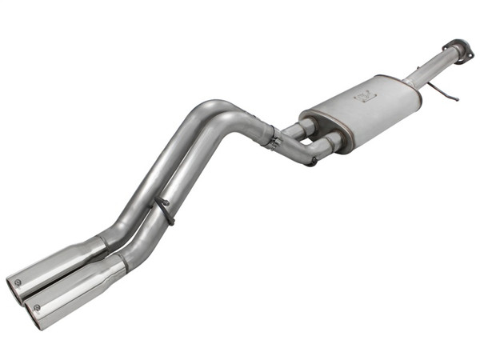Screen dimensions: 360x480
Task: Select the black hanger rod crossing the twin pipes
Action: tap(164, 210)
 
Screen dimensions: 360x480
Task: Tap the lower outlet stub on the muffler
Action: tap(330, 144)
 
